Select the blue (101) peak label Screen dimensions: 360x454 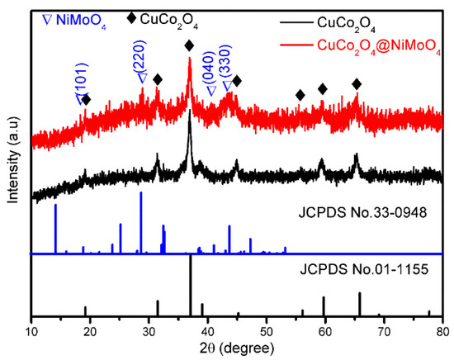(x=80, y=85)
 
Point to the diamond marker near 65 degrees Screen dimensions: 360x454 (x=356, y=84)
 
